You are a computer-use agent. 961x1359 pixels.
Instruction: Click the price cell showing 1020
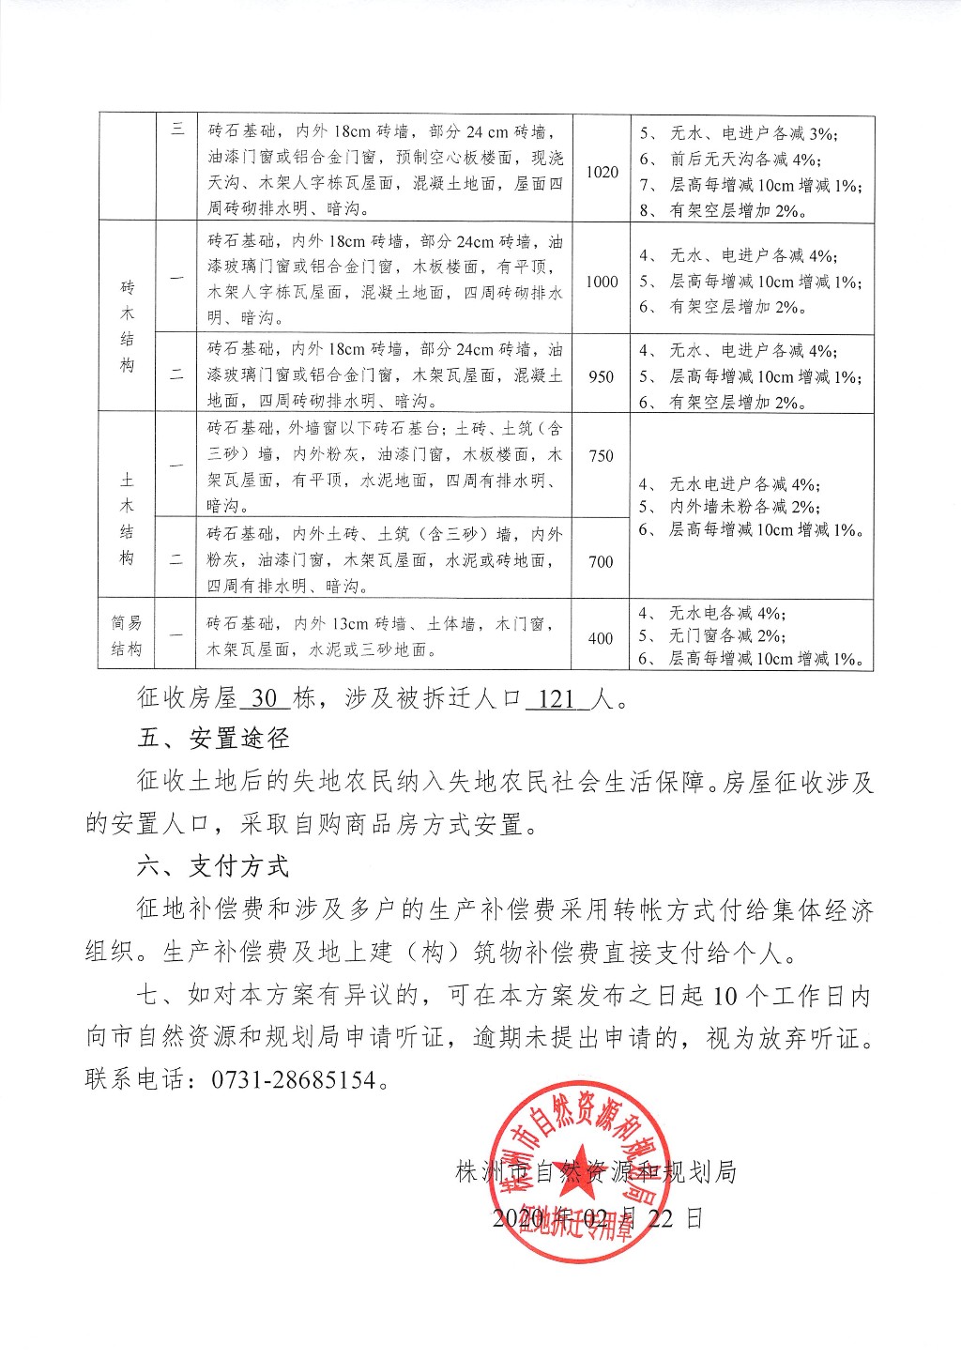(x=602, y=172)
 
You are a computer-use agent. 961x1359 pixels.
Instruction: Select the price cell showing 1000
(x=602, y=282)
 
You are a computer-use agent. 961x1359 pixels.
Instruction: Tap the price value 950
(x=602, y=376)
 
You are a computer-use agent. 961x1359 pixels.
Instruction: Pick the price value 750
(x=602, y=456)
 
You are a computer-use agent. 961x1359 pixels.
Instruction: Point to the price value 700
(x=602, y=561)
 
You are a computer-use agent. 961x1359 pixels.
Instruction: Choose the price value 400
(x=602, y=638)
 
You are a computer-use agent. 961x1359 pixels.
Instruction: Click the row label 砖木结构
(x=128, y=326)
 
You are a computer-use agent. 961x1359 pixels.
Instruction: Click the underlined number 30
(x=266, y=699)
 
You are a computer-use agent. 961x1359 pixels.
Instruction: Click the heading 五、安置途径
(x=213, y=739)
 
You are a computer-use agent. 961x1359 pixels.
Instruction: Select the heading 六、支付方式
(x=213, y=866)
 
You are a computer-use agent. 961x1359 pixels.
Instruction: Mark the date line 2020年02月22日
(x=597, y=1218)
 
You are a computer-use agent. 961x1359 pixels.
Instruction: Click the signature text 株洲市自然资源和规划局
(x=595, y=1171)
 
